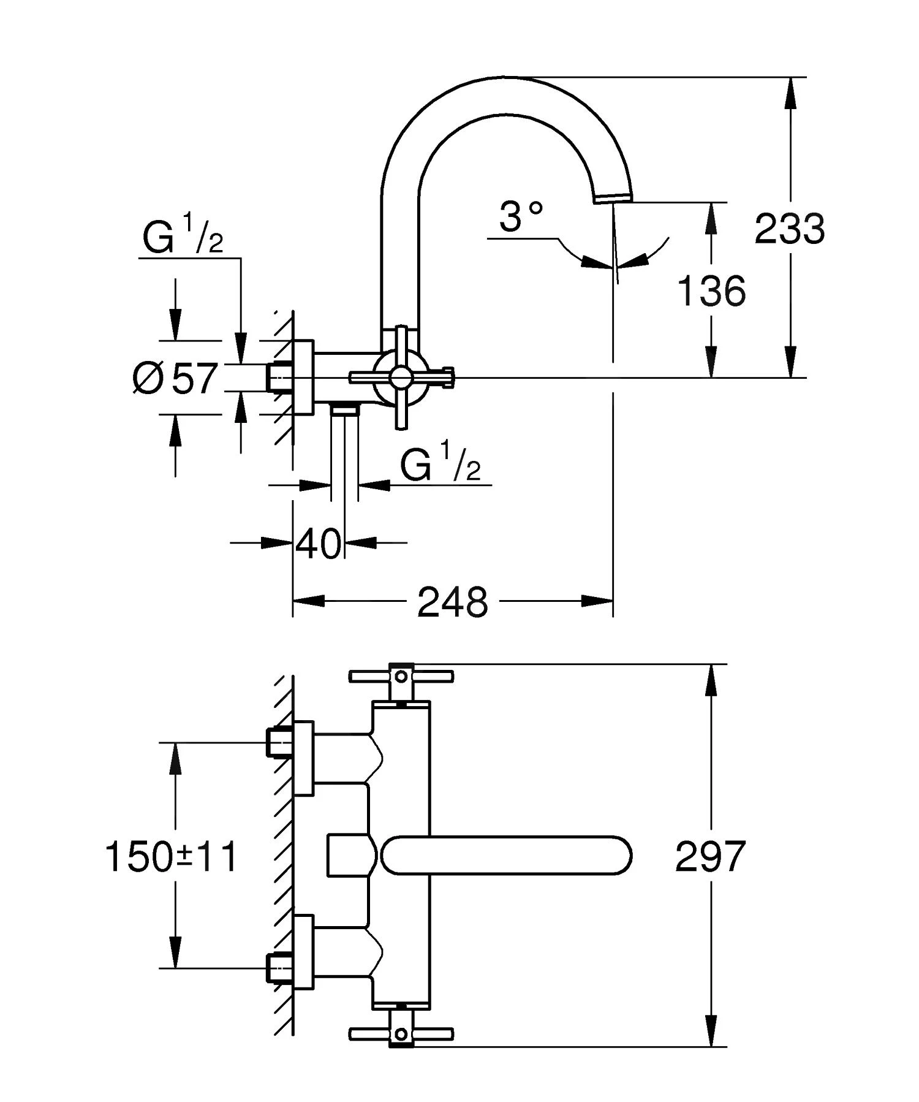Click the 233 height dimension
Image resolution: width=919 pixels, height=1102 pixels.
[789, 229]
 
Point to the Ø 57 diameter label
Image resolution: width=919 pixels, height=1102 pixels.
[175, 378]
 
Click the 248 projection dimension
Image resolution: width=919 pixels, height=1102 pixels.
[452, 602]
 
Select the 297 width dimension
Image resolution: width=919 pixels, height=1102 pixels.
[710, 856]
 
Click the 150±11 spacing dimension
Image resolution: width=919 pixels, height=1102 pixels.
[172, 856]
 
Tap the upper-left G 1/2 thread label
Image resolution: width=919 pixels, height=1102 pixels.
[183, 238]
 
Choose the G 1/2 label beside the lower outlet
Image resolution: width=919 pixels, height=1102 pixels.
[440, 465]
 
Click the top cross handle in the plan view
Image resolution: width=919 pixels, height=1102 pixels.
[401, 676]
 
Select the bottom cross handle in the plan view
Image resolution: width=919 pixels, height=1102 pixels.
[401, 1035]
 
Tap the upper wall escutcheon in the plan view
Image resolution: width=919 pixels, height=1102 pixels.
[304, 758]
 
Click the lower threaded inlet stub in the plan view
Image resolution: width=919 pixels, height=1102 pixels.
[279, 969]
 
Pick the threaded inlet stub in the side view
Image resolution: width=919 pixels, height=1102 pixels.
[279, 377]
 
